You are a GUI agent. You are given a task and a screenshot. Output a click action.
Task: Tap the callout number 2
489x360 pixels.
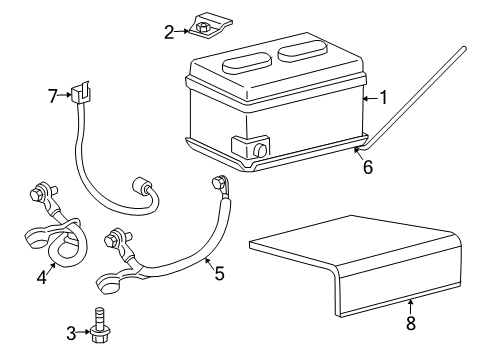coord(169,31)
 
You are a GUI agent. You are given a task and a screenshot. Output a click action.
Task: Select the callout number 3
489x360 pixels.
coord(71,332)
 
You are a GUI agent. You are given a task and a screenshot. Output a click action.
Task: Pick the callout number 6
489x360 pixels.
coord(367,167)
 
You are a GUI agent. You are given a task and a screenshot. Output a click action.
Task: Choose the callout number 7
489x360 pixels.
coord(54,95)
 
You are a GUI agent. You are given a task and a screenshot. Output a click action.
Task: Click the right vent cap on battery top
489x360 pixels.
coord(304,48)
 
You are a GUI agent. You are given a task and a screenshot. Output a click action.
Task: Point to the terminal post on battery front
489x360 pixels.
coord(258,151)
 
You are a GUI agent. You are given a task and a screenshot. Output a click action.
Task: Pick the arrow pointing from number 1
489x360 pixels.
coord(366,98)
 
